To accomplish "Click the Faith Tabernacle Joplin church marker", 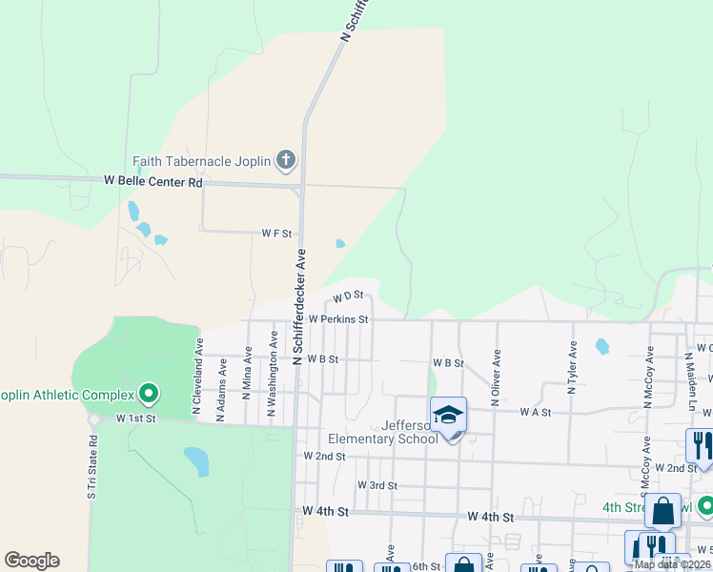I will pyautogui.click(x=285, y=160).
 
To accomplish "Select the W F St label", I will pyautogui.click(x=276, y=233).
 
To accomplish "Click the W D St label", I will pyautogui.click(x=349, y=299).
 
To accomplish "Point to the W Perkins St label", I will pyautogui.click(x=337, y=319).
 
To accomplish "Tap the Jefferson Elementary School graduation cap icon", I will pyautogui.click(x=449, y=415).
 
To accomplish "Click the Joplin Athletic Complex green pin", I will pyautogui.click(x=148, y=393).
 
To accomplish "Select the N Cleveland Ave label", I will pyautogui.click(x=199, y=375).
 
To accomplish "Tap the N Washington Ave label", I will pyautogui.click(x=273, y=374).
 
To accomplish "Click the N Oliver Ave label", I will pyautogui.click(x=497, y=378).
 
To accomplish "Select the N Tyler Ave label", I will pyautogui.click(x=573, y=369).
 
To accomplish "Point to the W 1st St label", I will pyautogui.click(x=135, y=419).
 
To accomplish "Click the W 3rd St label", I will pyautogui.click(x=377, y=485).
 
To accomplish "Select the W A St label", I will pyautogui.click(x=536, y=412).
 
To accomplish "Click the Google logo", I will pyautogui.click(x=31, y=561).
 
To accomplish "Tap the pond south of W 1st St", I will pyautogui.click(x=196, y=460).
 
